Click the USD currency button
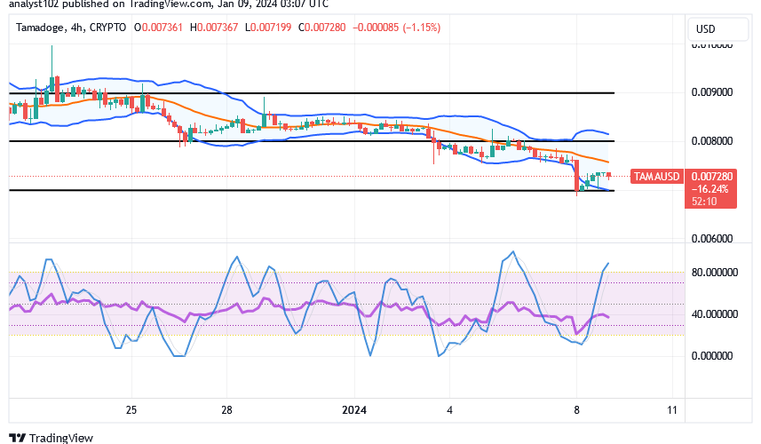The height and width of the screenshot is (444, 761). pyautogui.click(x=705, y=29)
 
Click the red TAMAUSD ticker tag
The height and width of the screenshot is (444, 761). pyautogui.click(x=657, y=177)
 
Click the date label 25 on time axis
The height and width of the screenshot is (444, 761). pyautogui.click(x=131, y=409)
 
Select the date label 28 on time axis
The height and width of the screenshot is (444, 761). pyautogui.click(x=226, y=409)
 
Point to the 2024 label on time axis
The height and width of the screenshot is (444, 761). pyautogui.click(x=353, y=409)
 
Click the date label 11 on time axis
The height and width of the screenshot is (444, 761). pyautogui.click(x=671, y=409)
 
